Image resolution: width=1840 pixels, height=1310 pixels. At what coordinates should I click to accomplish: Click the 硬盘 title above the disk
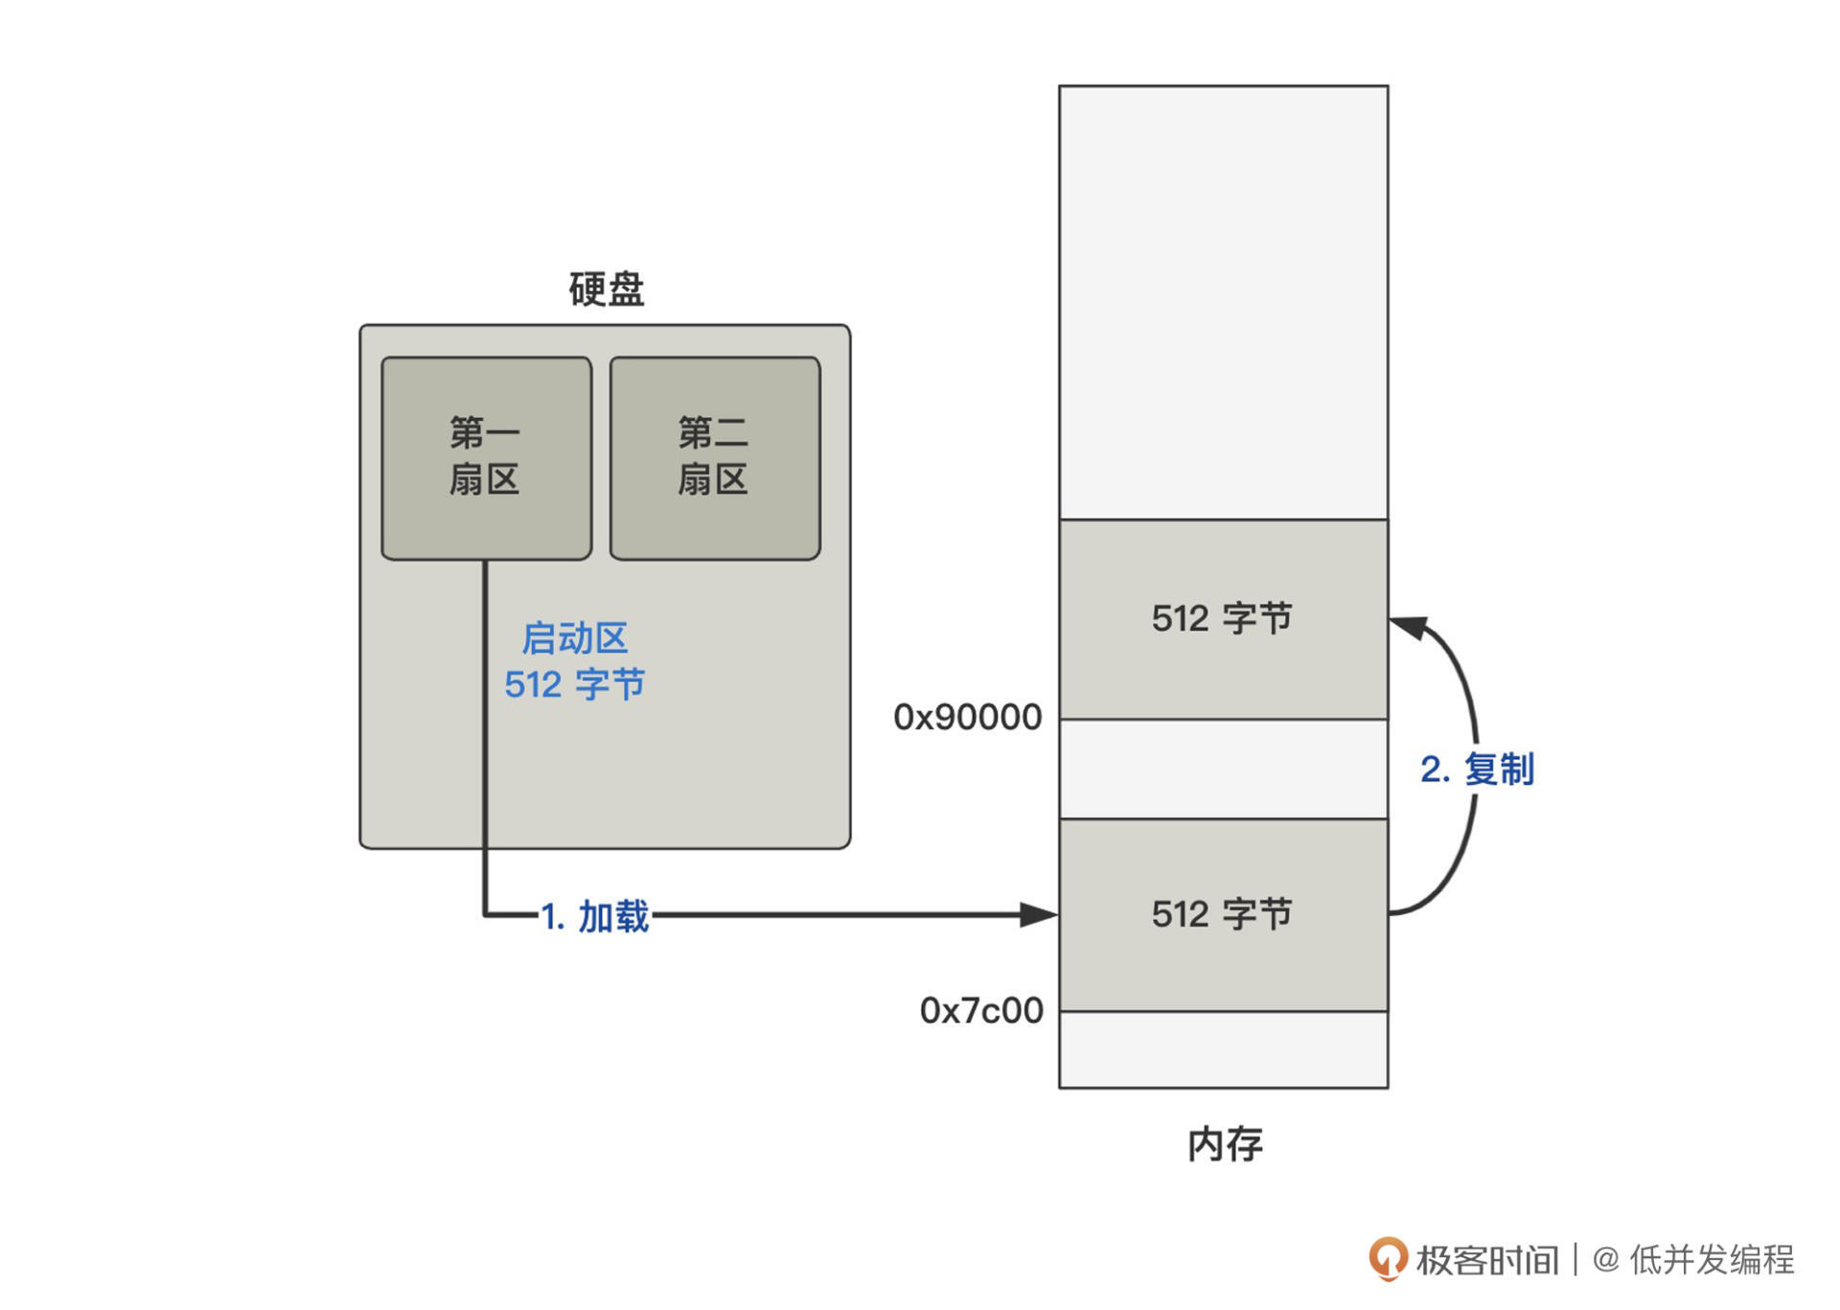606,289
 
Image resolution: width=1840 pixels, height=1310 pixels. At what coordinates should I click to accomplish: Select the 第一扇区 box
486,457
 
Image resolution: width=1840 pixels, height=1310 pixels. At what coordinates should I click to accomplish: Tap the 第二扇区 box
714,457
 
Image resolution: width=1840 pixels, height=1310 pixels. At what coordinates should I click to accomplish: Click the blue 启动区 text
574,638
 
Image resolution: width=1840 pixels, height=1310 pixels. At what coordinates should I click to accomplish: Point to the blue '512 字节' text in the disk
574,684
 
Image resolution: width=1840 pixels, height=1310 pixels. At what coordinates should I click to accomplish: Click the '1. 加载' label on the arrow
595,916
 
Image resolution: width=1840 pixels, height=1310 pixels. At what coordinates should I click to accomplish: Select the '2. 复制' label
1477,769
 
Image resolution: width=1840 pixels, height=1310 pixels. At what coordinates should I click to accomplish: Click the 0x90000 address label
967,717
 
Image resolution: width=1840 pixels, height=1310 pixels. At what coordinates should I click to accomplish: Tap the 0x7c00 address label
981,1010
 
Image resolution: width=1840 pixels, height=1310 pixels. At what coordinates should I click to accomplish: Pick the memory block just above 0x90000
1223,619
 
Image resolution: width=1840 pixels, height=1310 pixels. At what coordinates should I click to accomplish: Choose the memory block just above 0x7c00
1223,914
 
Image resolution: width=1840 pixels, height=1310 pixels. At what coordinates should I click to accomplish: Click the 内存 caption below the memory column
1225,1144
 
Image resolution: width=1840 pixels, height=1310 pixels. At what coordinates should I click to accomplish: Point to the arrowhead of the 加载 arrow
1039,914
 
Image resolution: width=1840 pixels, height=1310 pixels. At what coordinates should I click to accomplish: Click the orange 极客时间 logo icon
1387,1257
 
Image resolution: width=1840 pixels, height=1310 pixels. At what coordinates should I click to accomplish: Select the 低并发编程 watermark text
1712,1259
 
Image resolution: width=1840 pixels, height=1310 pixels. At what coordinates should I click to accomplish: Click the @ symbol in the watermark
1605,1259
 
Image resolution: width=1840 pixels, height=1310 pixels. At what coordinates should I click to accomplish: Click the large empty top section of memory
1223,302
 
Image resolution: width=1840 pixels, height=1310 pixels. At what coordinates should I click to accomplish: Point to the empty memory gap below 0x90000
1223,769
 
